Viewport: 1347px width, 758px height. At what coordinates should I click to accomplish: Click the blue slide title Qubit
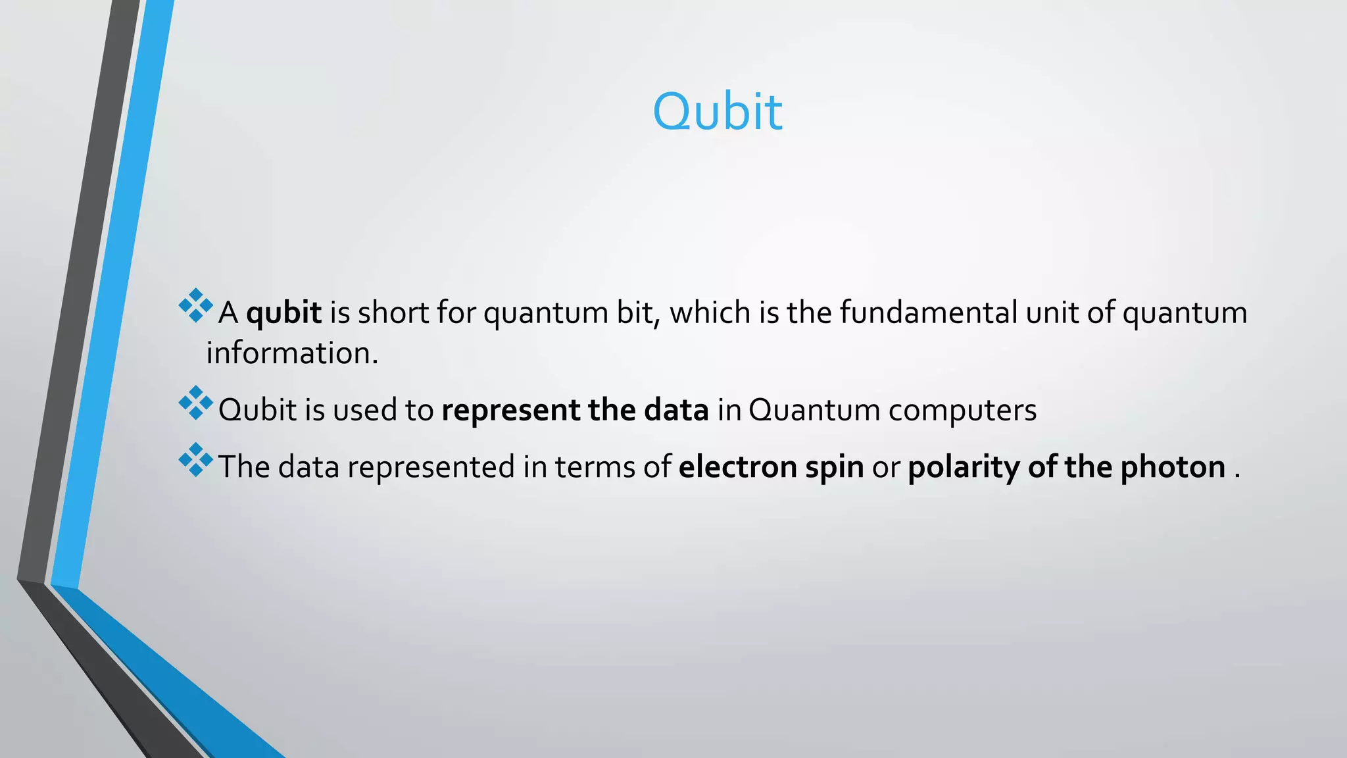(x=717, y=112)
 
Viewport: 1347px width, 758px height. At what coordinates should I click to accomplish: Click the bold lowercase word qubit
(x=283, y=313)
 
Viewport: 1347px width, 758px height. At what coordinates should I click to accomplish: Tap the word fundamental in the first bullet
(x=928, y=313)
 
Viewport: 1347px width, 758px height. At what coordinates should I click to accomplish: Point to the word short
(x=393, y=313)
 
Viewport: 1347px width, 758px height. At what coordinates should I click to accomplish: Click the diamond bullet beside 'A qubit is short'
(x=195, y=305)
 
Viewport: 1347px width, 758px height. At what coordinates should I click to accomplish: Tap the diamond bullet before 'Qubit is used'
(x=195, y=403)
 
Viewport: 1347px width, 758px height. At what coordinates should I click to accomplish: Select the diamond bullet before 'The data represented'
(x=195, y=459)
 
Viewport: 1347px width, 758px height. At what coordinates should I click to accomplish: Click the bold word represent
(x=510, y=411)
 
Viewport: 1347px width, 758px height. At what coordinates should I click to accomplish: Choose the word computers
(x=962, y=411)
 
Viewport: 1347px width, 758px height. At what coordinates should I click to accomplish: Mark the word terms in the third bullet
(x=595, y=467)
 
